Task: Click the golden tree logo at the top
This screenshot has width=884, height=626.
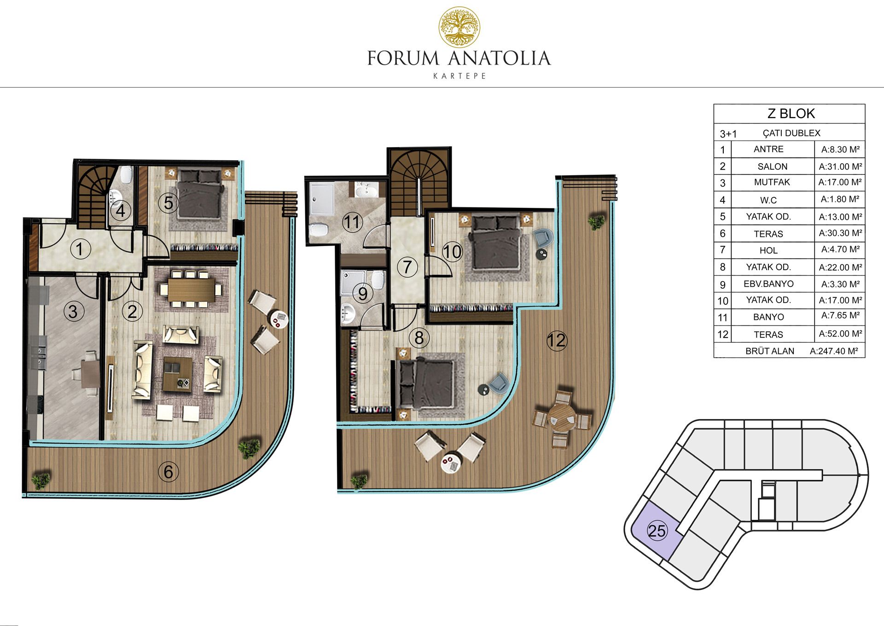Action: (x=459, y=27)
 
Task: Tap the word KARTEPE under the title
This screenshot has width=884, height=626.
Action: (x=459, y=76)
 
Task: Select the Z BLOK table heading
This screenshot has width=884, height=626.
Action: (x=791, y=113)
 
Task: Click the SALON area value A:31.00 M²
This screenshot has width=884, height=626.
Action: (x=840, y=166)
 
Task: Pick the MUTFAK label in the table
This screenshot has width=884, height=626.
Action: (x=772, y=182)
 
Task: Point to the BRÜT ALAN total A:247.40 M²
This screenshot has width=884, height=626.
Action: (x=834, y=351)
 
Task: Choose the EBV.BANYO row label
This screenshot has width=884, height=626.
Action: (x=768, y=284)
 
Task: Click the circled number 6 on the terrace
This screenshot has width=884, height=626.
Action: (x=168, y=472)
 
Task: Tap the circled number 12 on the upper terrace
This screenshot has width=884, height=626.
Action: (x=556, y=341)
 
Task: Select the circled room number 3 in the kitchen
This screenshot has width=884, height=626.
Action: (x=73, y=312)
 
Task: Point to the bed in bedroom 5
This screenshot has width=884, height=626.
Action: (x=199, y=193)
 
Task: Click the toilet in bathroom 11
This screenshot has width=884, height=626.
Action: (x=318, y=229)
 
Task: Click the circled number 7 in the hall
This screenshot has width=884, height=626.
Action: (x=407, y=267)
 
